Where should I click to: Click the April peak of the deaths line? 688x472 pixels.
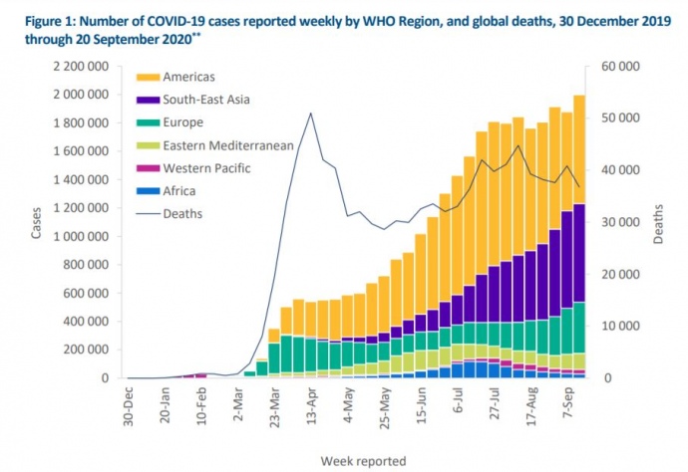[311, 114]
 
